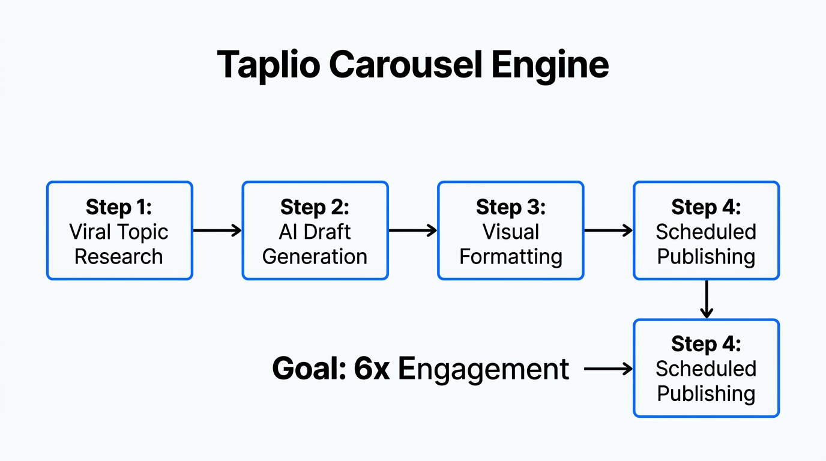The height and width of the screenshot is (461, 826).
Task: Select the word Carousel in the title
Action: [406, 64]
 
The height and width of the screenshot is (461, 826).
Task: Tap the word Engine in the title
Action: [550, 64]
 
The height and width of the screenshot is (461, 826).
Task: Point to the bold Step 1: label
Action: [119, 207]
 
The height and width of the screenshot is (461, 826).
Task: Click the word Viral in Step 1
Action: [92, 232]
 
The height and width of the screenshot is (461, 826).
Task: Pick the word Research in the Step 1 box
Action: [119, 256]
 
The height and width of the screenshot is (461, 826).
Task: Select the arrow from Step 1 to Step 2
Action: [217, 230]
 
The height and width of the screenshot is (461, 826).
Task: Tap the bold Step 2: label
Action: [315, 207]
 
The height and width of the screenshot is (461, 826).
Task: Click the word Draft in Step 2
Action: [327, 232]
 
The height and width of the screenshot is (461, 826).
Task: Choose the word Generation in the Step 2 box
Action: [315, 256]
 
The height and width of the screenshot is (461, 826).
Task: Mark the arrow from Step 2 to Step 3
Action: [412, 230]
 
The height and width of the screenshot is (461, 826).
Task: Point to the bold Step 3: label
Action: [510, 207]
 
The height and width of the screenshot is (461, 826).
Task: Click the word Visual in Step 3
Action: [510, 232]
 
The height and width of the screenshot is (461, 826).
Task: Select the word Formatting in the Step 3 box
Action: [510, 256]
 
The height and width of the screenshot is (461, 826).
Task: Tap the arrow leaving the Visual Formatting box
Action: [608, 230]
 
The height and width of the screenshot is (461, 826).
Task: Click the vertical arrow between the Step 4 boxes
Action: [707, 299]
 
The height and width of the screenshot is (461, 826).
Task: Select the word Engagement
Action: [483, 369]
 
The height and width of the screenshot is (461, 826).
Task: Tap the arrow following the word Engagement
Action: [608, 369]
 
